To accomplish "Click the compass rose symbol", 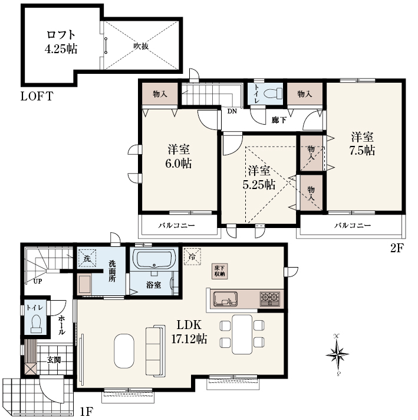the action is tap(338, 354).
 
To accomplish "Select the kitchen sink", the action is tap(225, 298).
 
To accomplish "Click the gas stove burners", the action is tap(270, 299).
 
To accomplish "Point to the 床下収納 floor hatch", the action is tap(220, 271).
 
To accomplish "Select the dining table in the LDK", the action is tap(242, 334).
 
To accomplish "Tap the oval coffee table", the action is tap(124, 351).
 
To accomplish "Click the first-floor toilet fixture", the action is tap(36, 324).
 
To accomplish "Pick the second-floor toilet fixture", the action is tap(273, 94).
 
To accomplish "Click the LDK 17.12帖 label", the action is tap(189, 332).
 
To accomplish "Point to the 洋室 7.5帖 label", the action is tap(362, 144).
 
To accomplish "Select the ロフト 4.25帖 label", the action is tap(61, 42).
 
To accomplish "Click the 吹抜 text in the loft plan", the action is tap(141, 46).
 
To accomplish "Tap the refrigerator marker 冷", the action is tap(192, 256).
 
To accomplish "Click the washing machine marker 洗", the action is tap(87, 259).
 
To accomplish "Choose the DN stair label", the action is tap(232, 111).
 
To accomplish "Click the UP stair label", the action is tap(37, 281).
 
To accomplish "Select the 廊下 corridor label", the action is tap(279, 120).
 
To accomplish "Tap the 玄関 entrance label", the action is tap(54, 360).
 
